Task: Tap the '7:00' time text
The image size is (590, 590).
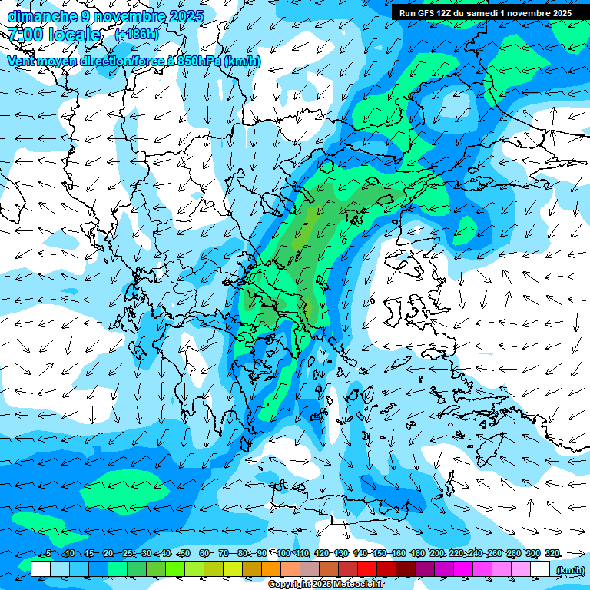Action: (26, 35)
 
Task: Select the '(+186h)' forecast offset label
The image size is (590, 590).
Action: (136, 35)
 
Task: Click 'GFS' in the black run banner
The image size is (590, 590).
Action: (430, 13)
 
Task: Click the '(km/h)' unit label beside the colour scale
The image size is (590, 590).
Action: (570, 570)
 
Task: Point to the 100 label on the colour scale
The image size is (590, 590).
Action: (283, 553)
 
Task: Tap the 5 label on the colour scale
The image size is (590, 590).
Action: (48, 553)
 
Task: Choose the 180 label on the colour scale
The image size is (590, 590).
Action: (417, 553)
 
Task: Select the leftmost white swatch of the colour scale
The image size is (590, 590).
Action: (41, 569)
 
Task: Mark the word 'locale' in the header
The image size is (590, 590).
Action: (74, 35)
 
